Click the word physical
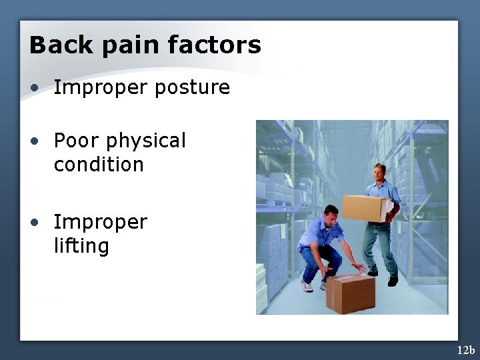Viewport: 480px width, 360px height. (x=146, y=141)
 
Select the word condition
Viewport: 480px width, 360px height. (x=99, y=165)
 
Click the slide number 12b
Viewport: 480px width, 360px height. (x=465, y=350)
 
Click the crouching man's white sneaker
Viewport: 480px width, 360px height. (x=307, y=286)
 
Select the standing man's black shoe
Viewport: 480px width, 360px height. (x=393, y=281)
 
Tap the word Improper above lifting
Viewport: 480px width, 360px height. (x=100, y=222)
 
